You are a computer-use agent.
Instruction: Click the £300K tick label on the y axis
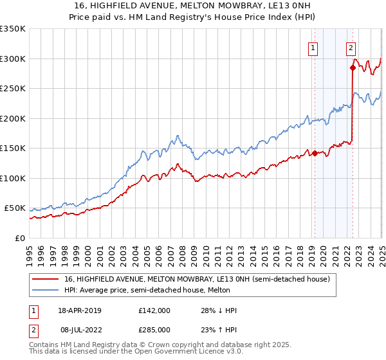[13, 59]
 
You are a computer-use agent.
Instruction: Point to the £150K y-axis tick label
[13, 148]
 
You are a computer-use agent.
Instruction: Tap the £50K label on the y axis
[15, 208]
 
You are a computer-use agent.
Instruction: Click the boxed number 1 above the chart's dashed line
[313, 47]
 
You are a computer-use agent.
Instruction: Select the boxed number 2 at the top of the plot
[351, 47]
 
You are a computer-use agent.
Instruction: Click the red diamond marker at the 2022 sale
[353, 67]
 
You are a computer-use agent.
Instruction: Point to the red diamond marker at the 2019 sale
[315, 153]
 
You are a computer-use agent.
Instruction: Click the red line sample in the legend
[46, 279]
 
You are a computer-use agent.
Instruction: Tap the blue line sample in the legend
[46, 290]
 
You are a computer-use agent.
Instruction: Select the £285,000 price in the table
[154, 329]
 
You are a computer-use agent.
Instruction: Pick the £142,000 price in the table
[154, 310]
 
